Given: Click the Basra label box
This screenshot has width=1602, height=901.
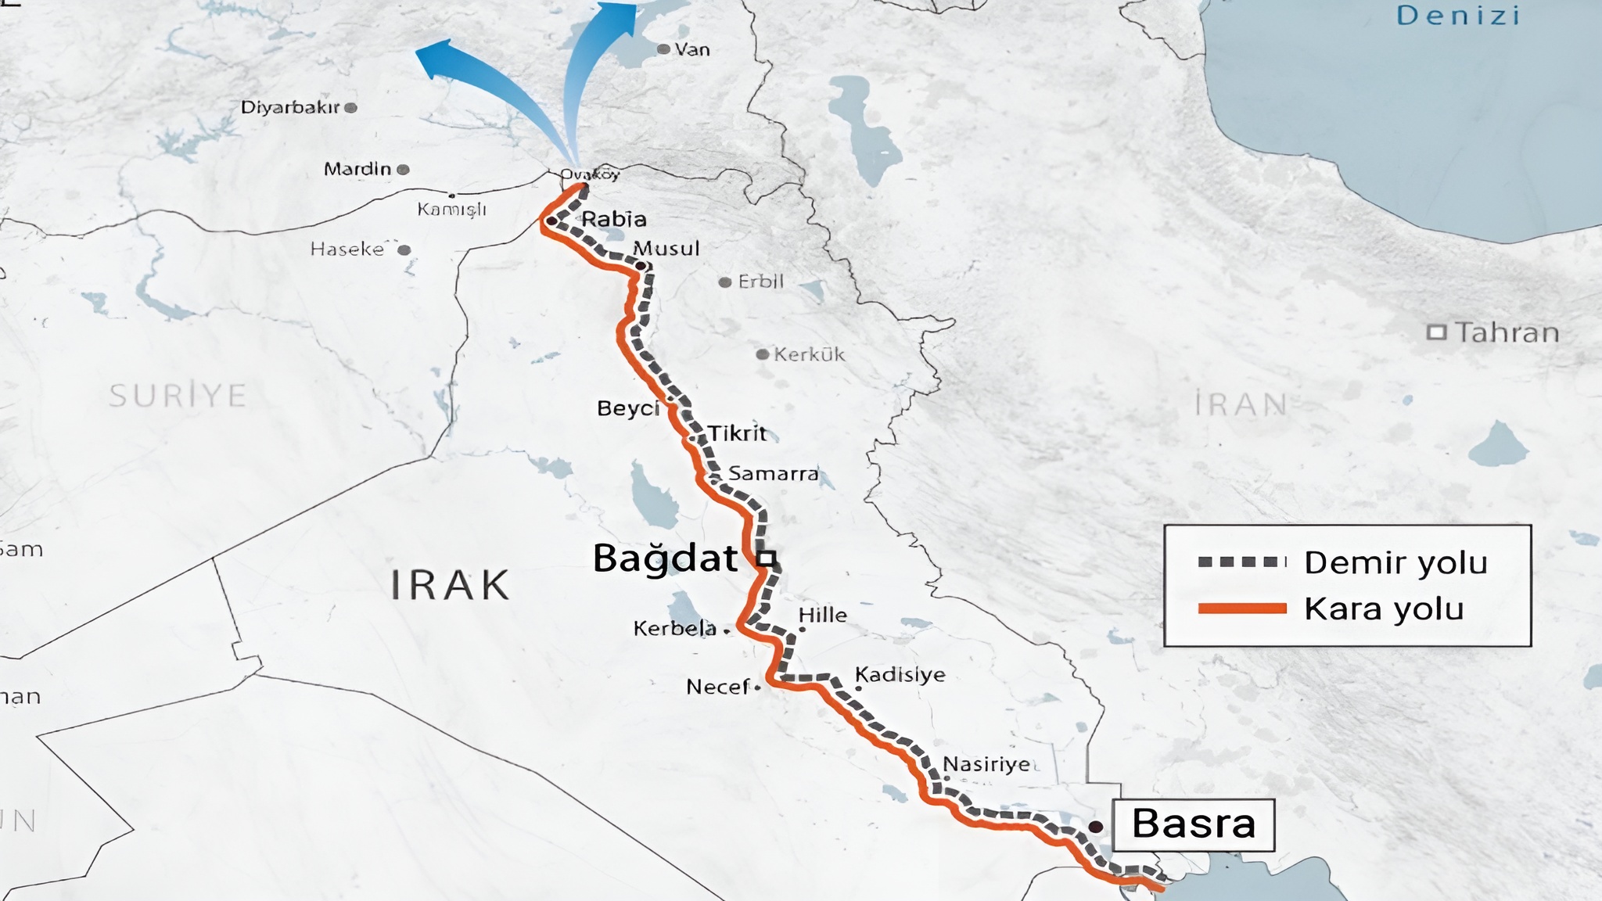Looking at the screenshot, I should [x=1193, y=824].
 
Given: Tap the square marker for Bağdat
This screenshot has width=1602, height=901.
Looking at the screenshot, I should [x=767, y=558].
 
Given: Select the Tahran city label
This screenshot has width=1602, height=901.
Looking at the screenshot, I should [x=1507, y=332].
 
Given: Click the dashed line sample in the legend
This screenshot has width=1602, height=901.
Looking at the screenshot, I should [x=1242, y=562].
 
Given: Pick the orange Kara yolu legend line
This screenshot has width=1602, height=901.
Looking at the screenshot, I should [x=1242, y=608].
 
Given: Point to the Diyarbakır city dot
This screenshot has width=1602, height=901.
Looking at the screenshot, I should [x=351, y=108].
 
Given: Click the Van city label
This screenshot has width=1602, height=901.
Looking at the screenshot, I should [x=692, y=49].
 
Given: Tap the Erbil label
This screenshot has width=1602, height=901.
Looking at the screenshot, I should [x=760, y=282].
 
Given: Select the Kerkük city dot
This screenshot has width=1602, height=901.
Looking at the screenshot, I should [x=762, y=354].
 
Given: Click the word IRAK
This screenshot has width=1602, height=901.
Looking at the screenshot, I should [x=450, y=585].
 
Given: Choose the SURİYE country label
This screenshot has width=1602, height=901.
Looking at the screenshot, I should [x=178, y=396].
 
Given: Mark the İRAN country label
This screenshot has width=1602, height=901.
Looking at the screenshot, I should [x=1241, y=405].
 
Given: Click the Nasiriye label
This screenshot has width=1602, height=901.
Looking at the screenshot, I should [x=986, y=763].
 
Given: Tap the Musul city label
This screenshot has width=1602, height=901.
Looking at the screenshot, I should [x=666, y=249].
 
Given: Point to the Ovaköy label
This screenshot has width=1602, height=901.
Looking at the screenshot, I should [x=590, y=174].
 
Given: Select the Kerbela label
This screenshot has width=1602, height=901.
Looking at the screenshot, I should [x=674, y=628].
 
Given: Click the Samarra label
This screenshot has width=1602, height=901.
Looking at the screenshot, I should [x=773, y=473].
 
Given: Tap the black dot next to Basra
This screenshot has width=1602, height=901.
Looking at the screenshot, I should [x=1096, y=827].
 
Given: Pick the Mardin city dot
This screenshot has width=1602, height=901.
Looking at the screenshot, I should [x=403, y=169].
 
